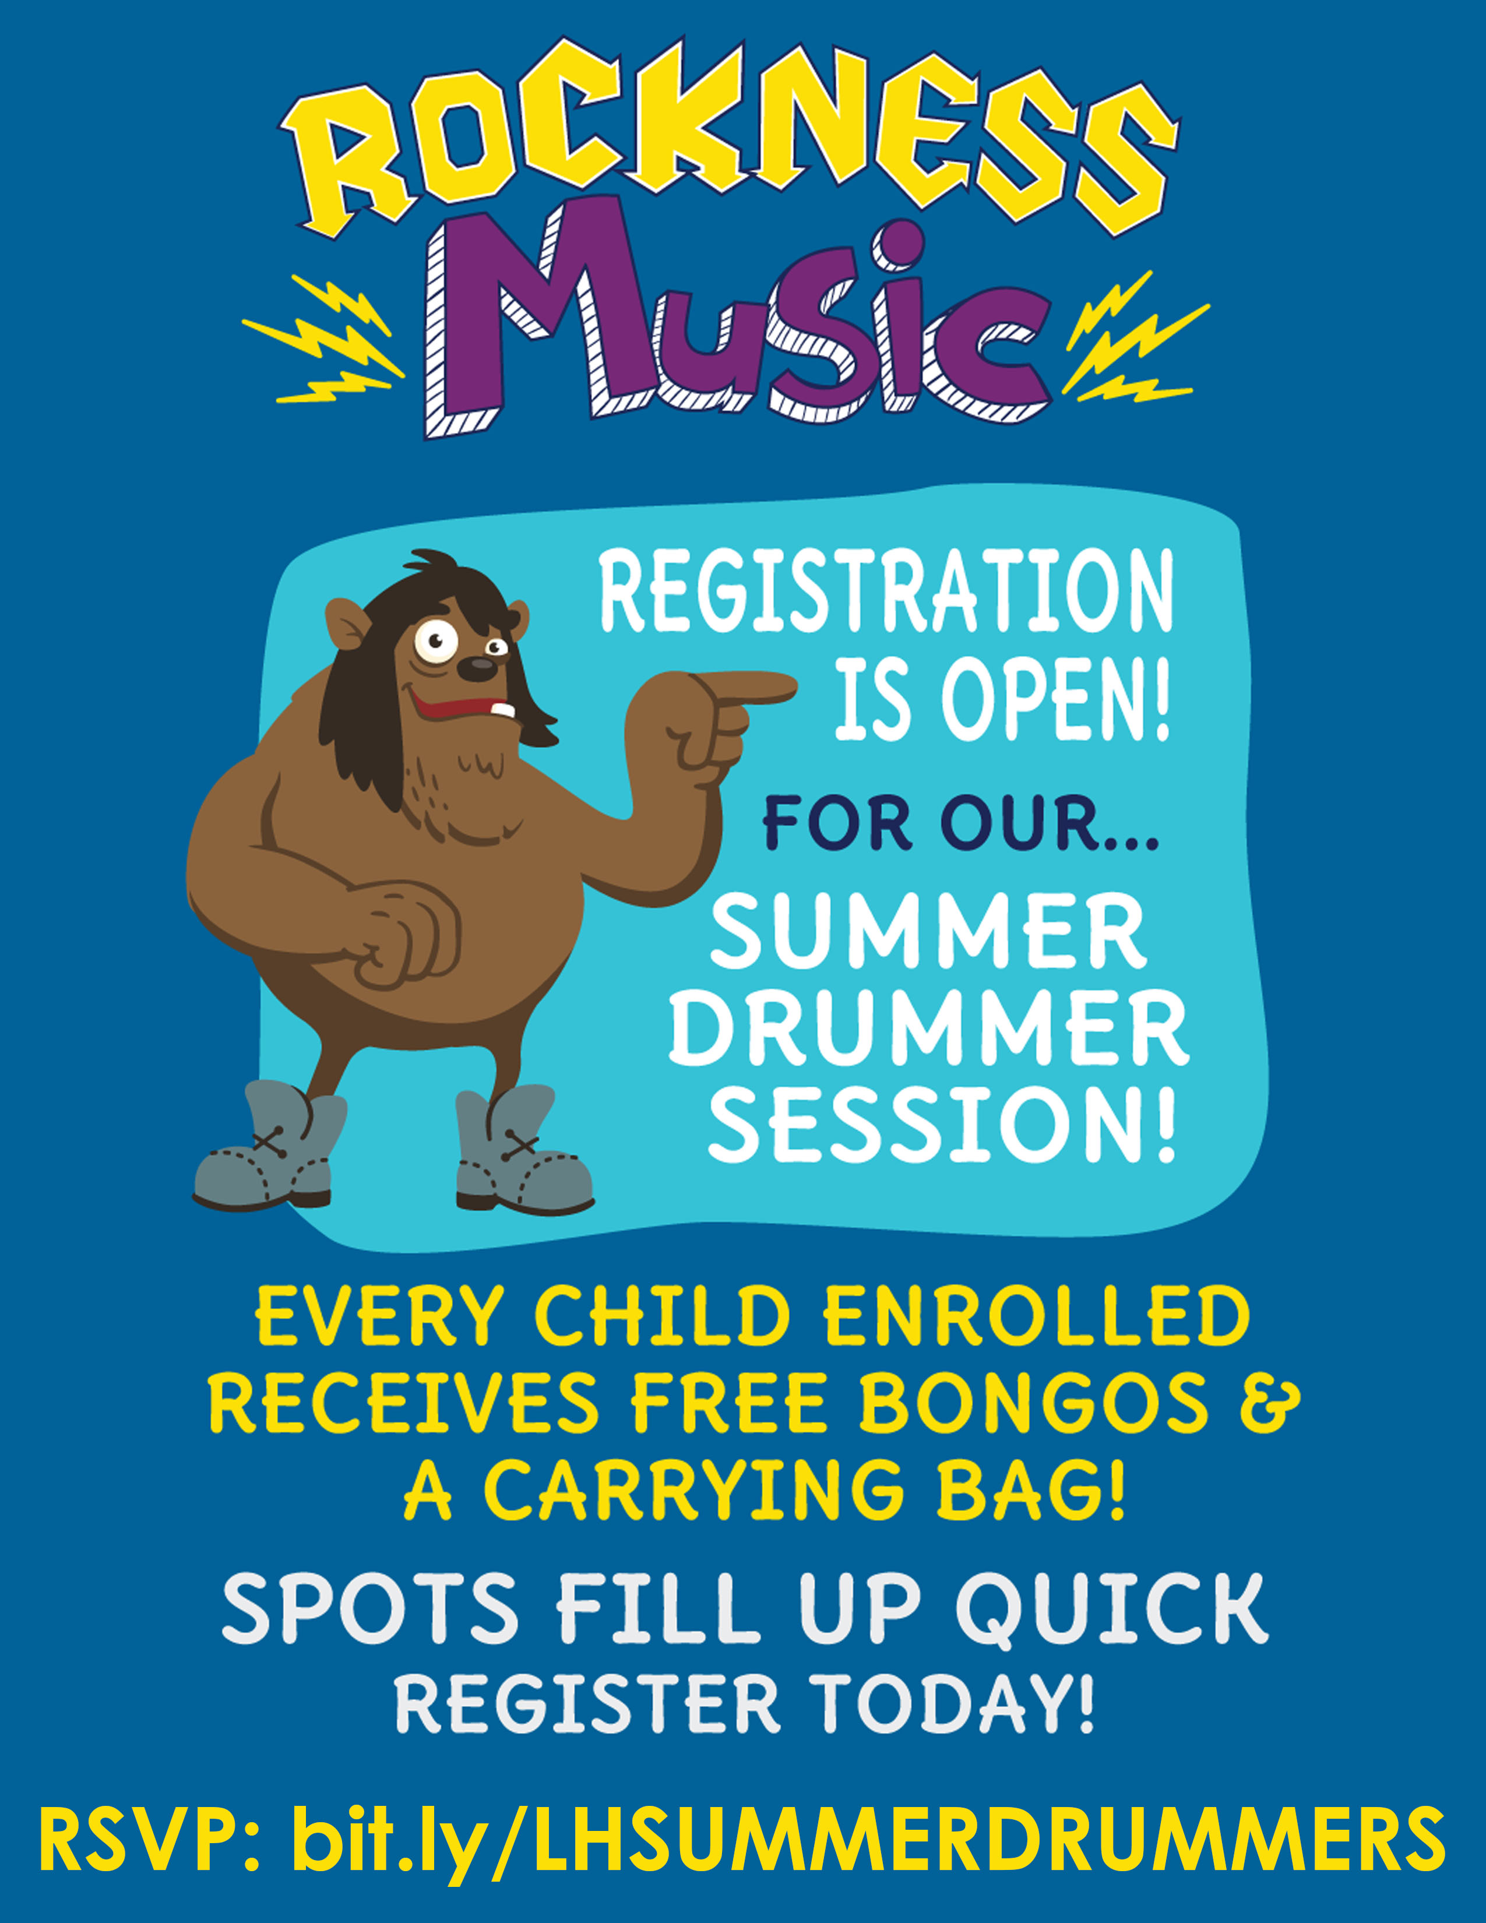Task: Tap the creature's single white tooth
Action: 502,709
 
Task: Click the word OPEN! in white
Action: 1057,698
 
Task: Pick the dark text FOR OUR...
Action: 960,825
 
